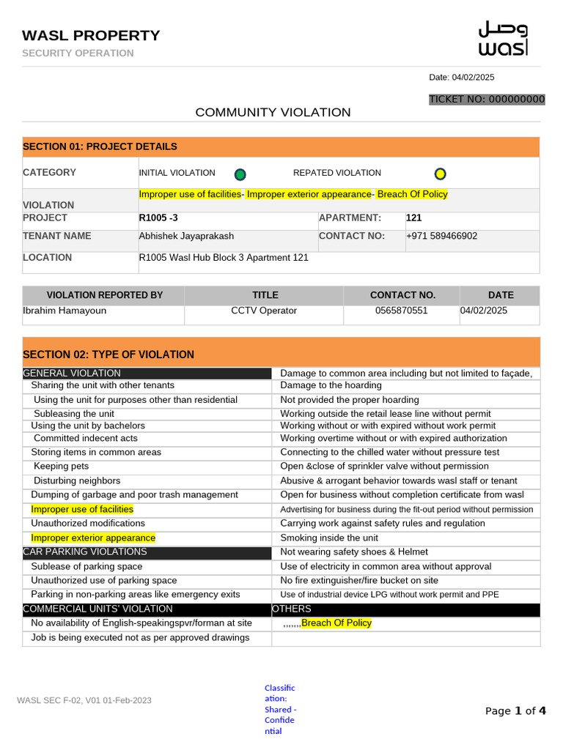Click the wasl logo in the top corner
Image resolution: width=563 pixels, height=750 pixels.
coord(503,39)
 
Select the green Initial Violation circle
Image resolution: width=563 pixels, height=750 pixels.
coord(240,174)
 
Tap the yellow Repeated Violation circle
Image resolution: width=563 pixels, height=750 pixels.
coord(440,174)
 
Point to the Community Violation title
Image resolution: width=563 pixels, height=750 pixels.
coord(273,112)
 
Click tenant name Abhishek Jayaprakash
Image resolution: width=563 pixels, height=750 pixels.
coord(186,236)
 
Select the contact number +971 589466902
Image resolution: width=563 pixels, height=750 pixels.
coord(441,236)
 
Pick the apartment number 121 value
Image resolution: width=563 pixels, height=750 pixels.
coord(413,218)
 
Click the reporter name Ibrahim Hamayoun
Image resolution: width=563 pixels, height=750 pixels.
coord(65,311)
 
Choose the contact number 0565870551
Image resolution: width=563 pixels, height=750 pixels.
coord(400,311)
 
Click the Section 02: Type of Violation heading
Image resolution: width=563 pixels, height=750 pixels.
coord(108,354)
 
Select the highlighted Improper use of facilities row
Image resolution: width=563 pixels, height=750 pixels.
coord(82,509)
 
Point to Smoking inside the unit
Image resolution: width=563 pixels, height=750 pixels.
coord(329,538)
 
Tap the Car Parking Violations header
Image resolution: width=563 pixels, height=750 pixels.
coord(85,552)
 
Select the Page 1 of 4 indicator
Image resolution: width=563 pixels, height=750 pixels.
coord(515,710)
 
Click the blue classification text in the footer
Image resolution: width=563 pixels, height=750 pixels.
coord(280,709)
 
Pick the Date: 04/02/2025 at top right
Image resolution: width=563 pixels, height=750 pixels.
coord(461,78)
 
